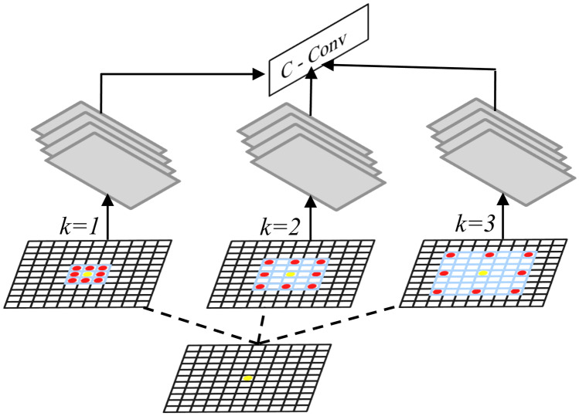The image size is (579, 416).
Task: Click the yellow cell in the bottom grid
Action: click(247, 377)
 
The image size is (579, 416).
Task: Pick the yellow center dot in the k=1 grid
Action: click(88, 274)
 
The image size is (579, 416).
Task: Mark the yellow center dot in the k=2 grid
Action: click(290, 274)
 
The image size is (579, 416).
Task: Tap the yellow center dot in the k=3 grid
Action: click(483, 273)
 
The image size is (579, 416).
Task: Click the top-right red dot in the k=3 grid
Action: click(529, 255)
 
